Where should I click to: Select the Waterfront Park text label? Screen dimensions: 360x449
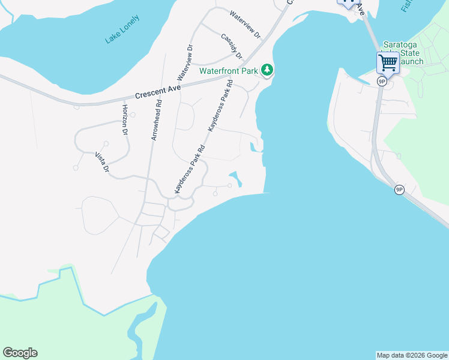click(x=229, y=71)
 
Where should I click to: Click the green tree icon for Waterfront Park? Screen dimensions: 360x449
click(x=267, y=71)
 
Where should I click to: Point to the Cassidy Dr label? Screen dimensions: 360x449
click(x=231, y=46)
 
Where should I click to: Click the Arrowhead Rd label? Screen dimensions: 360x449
click(x=156, y=120)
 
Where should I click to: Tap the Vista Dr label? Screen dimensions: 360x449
click(x=102, y=162)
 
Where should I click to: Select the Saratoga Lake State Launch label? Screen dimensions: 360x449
click(x=403, y=53)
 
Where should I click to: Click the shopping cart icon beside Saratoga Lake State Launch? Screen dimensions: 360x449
click(x=388, y=62)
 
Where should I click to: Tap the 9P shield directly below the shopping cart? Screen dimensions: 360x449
click(x=381, y=81)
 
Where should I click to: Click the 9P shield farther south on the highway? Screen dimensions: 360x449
click(x=399, y=190)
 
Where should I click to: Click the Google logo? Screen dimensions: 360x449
click(x=20, y=353)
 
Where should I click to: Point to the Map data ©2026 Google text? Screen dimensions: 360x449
click(x=412, y=355)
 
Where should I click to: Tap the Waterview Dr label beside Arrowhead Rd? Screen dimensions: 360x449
click(x=185, y=62)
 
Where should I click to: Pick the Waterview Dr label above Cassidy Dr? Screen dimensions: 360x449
click(x=245, y=24)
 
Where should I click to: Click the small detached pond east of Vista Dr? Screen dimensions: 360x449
click(x=235, y=178)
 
